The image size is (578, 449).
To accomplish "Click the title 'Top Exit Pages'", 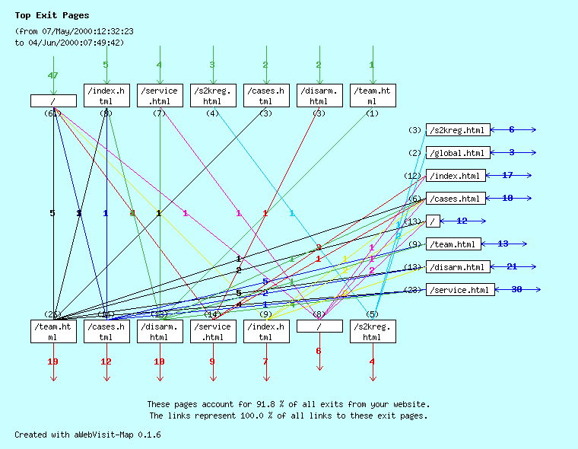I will (x=52, y=15).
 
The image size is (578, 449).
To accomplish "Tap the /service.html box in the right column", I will (x=460, y=290).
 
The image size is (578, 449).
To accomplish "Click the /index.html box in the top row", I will (x=106, y=96).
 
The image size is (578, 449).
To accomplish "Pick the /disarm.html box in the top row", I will (x=319, y=96).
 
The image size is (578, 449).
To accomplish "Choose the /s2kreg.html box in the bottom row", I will (x=372, y=332).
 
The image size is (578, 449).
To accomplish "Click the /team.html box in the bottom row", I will (x=52, y=332).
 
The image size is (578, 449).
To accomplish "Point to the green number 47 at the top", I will (x=52, y=75).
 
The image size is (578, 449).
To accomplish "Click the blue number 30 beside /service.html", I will (x=516, y=290).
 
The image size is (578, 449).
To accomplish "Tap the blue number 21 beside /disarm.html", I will (x=512, y=267).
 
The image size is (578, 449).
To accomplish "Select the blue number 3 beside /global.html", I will (x=512, y=153).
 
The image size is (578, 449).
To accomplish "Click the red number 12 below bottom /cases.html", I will (x=106, y=361).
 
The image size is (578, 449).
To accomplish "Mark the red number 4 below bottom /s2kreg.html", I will (x=372, y=361).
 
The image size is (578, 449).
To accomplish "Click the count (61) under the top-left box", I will (x=52, y=113).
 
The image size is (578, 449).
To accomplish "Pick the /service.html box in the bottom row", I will (x=212, y=332).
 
